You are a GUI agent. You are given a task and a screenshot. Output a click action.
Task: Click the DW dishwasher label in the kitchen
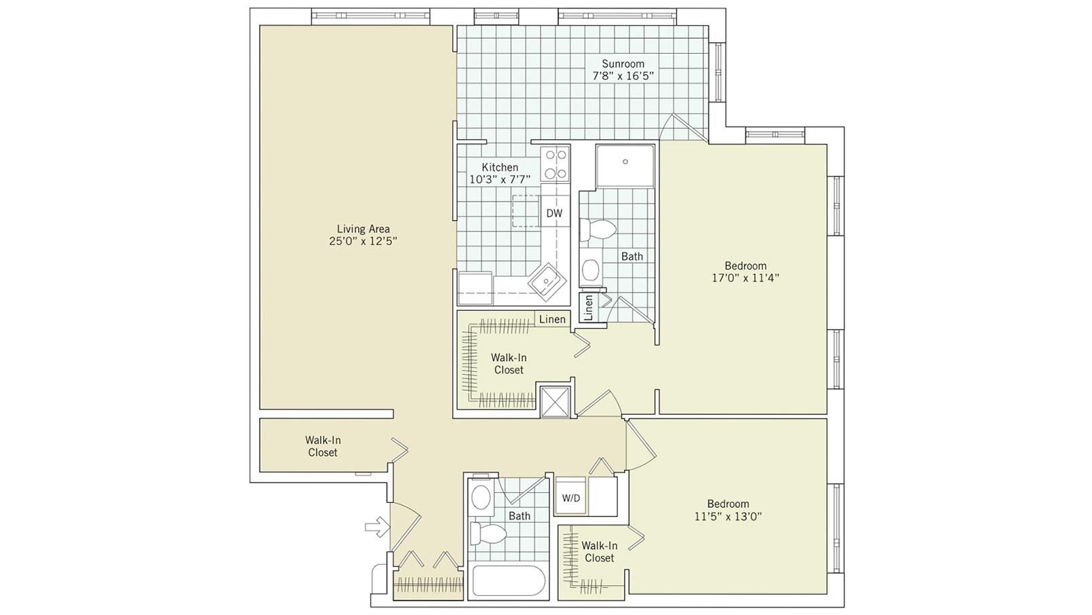coord(554,213)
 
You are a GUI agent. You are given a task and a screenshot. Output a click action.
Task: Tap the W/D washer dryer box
coord(571,498)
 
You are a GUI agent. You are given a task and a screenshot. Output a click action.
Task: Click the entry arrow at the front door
coord(376,526)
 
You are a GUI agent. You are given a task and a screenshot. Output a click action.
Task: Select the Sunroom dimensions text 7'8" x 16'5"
coord(623,76)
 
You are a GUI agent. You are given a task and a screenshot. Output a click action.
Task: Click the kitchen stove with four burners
coord(555,164)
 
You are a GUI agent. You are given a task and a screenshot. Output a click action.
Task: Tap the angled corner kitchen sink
coord(546,280)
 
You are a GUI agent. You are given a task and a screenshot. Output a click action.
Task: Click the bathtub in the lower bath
coord(508,582)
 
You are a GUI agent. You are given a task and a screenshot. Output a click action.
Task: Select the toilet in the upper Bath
coord(598,229)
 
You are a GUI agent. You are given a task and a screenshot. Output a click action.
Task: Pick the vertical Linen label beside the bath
coord(588,307)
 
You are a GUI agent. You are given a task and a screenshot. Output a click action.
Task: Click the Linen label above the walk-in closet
coord(552,319)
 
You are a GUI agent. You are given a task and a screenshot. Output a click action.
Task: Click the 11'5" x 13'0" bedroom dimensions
coord(728,516)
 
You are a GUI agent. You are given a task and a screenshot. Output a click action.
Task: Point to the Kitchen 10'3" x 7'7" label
coord(500,173)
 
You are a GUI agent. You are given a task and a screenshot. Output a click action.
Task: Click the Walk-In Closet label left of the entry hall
coord(322,447)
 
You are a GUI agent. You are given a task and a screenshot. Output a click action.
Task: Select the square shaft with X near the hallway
coord(555,401)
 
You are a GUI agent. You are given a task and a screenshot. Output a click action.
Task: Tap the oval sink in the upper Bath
coord(591,271)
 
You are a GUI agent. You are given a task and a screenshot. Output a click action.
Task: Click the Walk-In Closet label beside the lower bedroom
coord(599,552)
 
